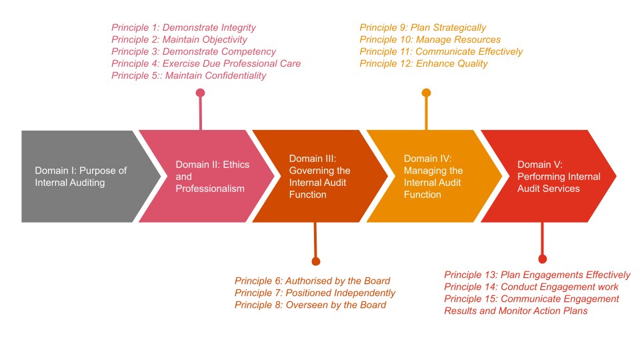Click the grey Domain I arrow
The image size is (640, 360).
click(83, 176)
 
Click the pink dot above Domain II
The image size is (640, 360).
click(200, 93)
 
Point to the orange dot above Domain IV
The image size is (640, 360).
click(427, 93)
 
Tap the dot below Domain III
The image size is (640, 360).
click(316, 261)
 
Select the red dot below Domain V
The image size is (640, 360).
click(543, 259)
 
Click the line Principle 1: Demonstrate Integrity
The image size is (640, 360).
click(183, 27)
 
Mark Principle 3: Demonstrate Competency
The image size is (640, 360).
click(193, 51)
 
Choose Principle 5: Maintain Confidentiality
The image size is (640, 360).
click(189, 75)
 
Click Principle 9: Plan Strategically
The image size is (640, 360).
click(423, 27)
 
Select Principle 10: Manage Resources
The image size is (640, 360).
click(430, 39)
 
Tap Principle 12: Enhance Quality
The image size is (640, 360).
click(423, 63)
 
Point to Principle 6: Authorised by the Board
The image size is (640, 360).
click(312, 281)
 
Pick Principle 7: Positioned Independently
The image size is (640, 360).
click(315, 293)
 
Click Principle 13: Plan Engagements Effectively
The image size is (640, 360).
click(537, 275)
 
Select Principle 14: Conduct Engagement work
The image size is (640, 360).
click(531, 287)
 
